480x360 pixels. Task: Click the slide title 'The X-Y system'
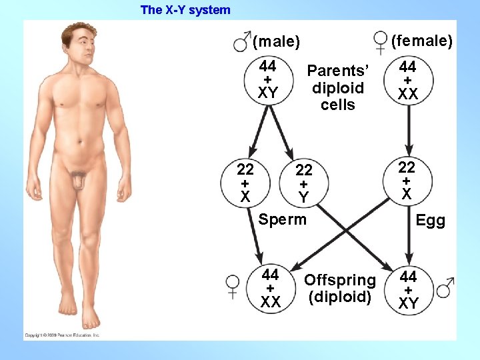point(185,10)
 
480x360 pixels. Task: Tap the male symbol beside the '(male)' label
point(241,43)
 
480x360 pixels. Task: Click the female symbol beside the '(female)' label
point(381,41)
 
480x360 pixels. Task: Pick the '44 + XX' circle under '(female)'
point(407,80)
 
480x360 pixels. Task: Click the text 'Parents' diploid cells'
point(338,87)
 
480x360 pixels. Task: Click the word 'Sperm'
point(283,219)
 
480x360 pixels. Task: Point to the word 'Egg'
point(430,221)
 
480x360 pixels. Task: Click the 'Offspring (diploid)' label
point(339,288)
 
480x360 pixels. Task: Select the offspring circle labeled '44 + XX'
point(270,289)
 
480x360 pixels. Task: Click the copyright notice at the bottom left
point(63,335)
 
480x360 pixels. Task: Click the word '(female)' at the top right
point(421,41)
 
